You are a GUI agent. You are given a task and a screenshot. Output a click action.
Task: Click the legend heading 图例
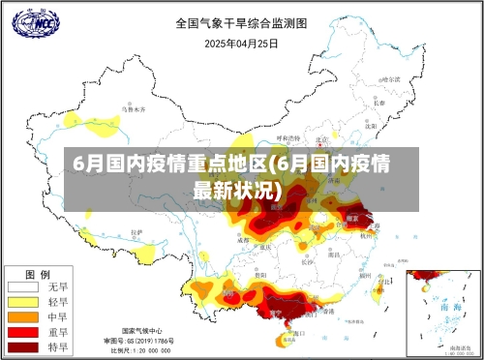tap(38, 274)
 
